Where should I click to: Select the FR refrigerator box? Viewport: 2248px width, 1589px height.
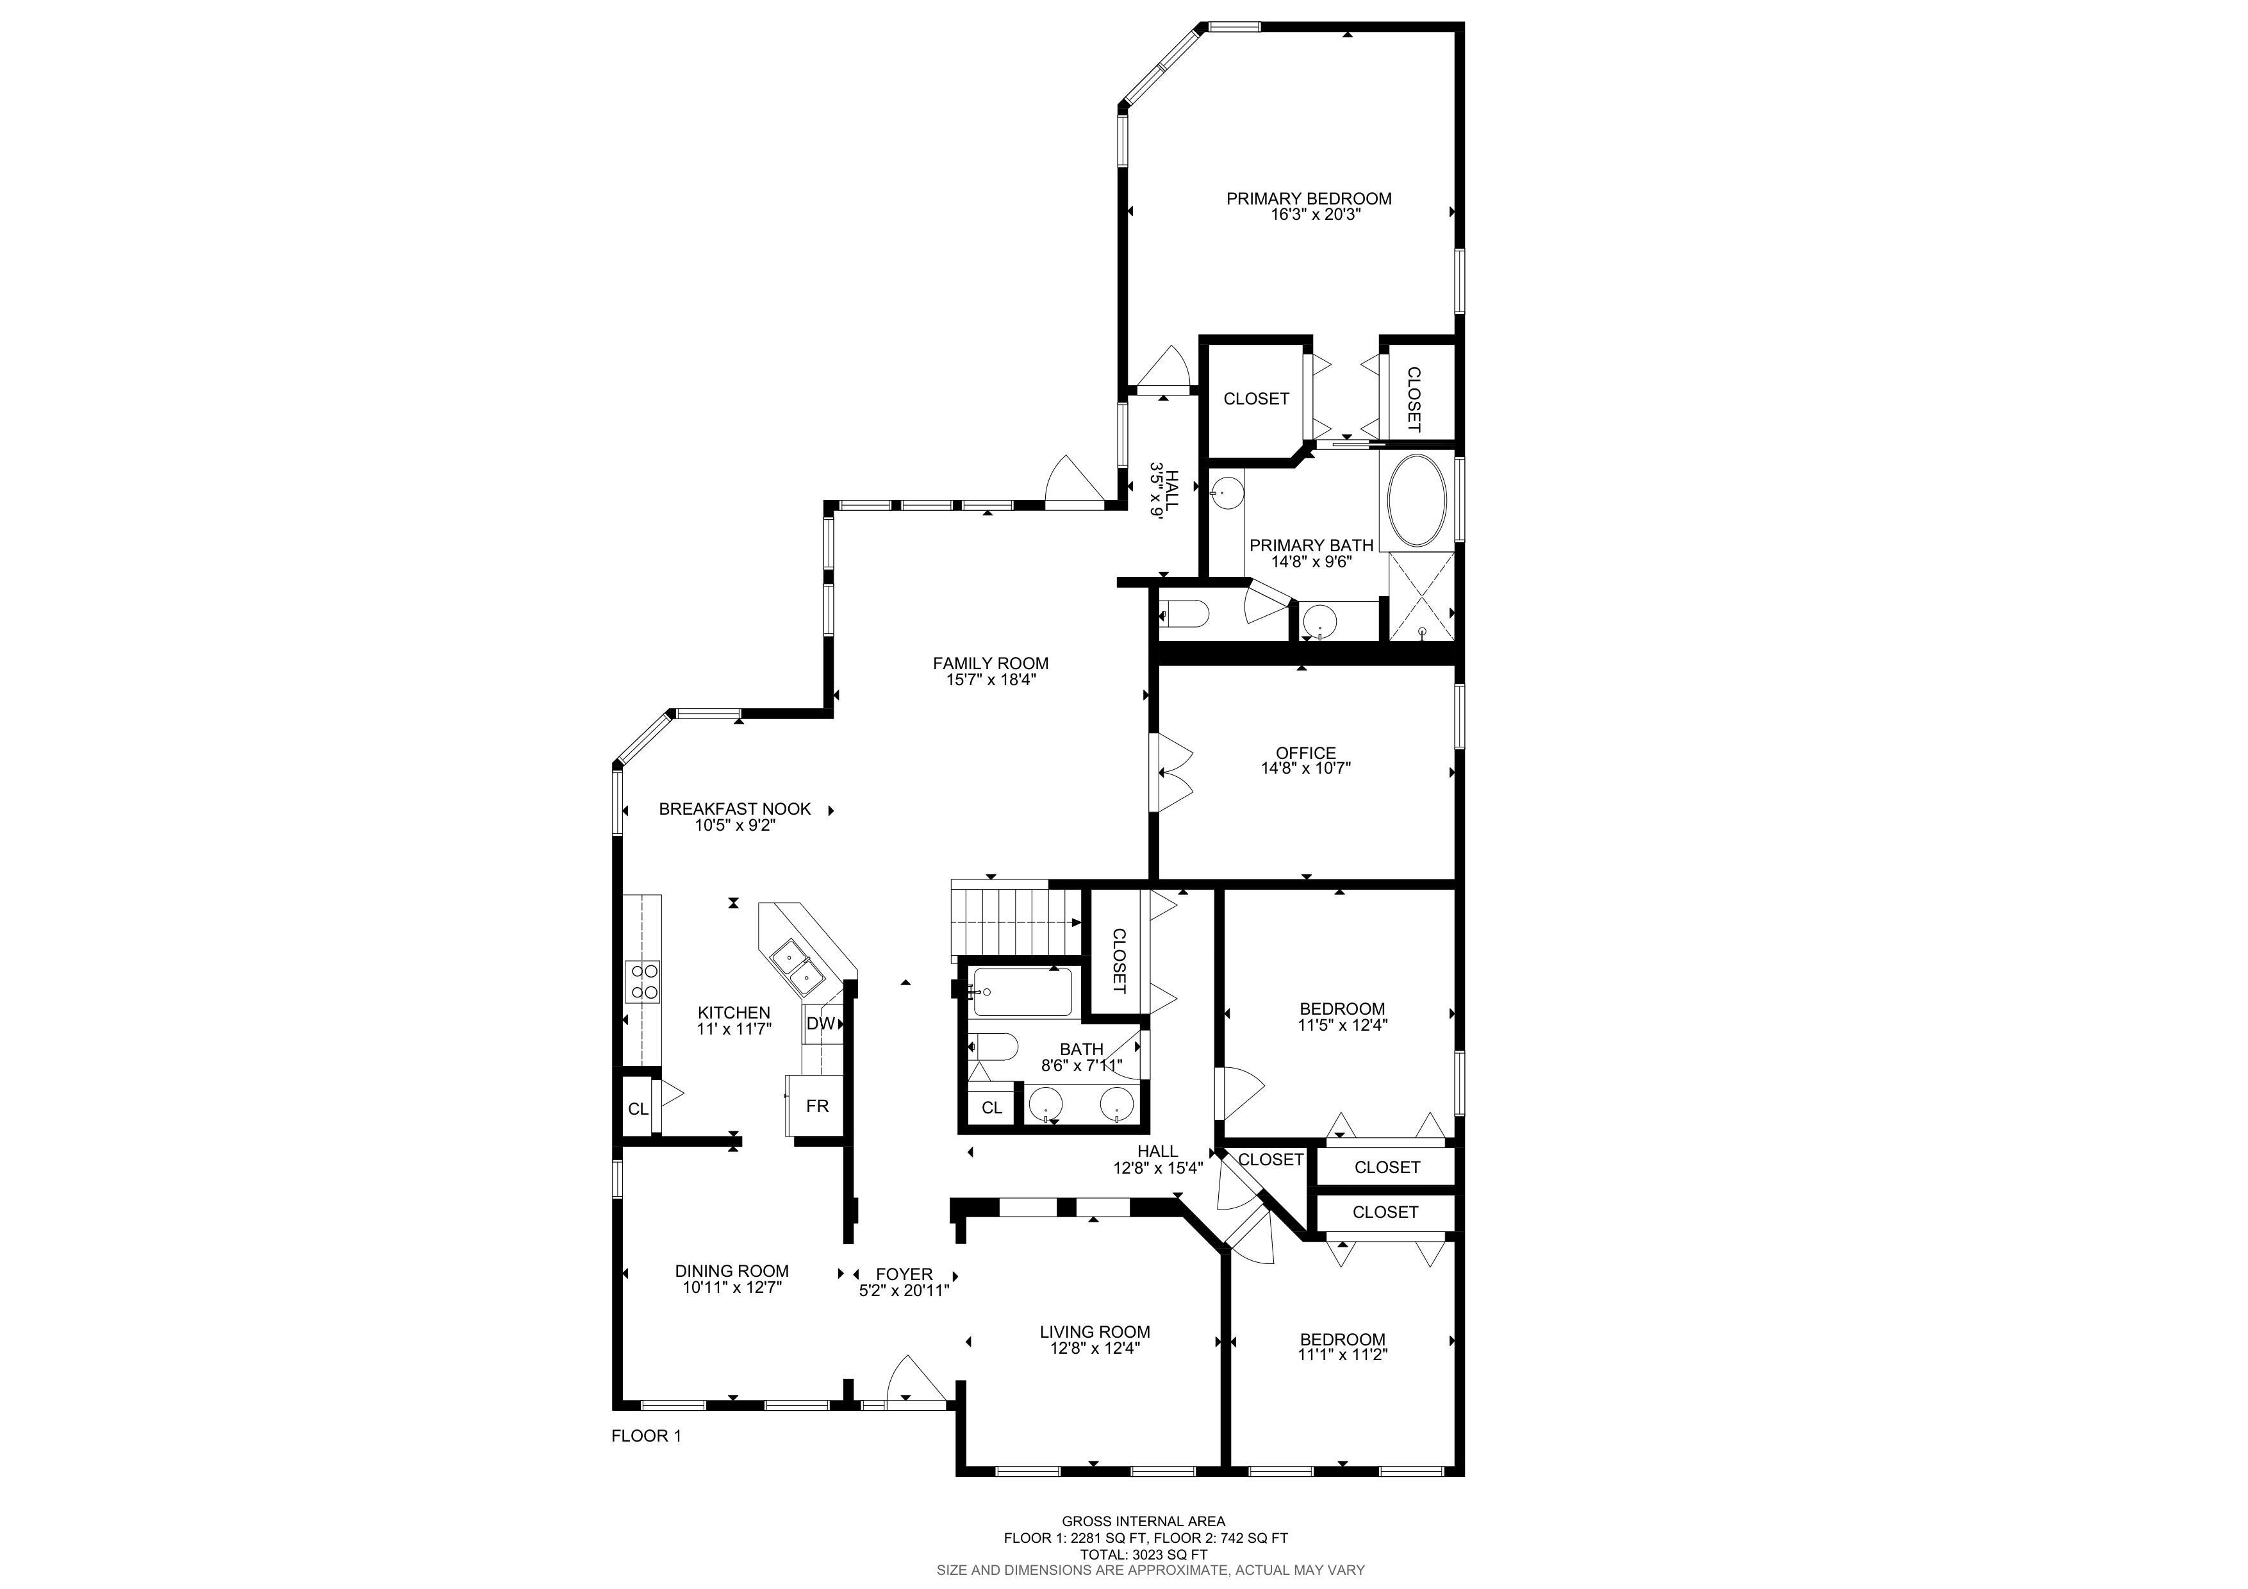pos(816,1105)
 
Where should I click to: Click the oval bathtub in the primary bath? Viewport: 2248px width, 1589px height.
pos(1417,501)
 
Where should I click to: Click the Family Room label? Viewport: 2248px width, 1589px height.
pos(990,664)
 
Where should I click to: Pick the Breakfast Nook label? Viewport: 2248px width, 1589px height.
pos(734,809)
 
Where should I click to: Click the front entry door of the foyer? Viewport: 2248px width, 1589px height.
pos(916,1381)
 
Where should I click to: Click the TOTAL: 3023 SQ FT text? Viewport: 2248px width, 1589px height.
pos(1144,1554)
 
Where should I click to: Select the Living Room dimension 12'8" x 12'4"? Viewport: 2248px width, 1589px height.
pos(1095,1348)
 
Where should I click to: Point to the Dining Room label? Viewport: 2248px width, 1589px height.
pos(731,1271)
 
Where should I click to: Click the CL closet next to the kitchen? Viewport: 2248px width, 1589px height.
pos(638,1108)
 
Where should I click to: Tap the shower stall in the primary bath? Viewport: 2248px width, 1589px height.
pos(1421,596)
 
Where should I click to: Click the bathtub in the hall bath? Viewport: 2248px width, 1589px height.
pos(1022,992)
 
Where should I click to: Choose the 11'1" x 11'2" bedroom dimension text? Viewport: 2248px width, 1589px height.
pos(1343,1355)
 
